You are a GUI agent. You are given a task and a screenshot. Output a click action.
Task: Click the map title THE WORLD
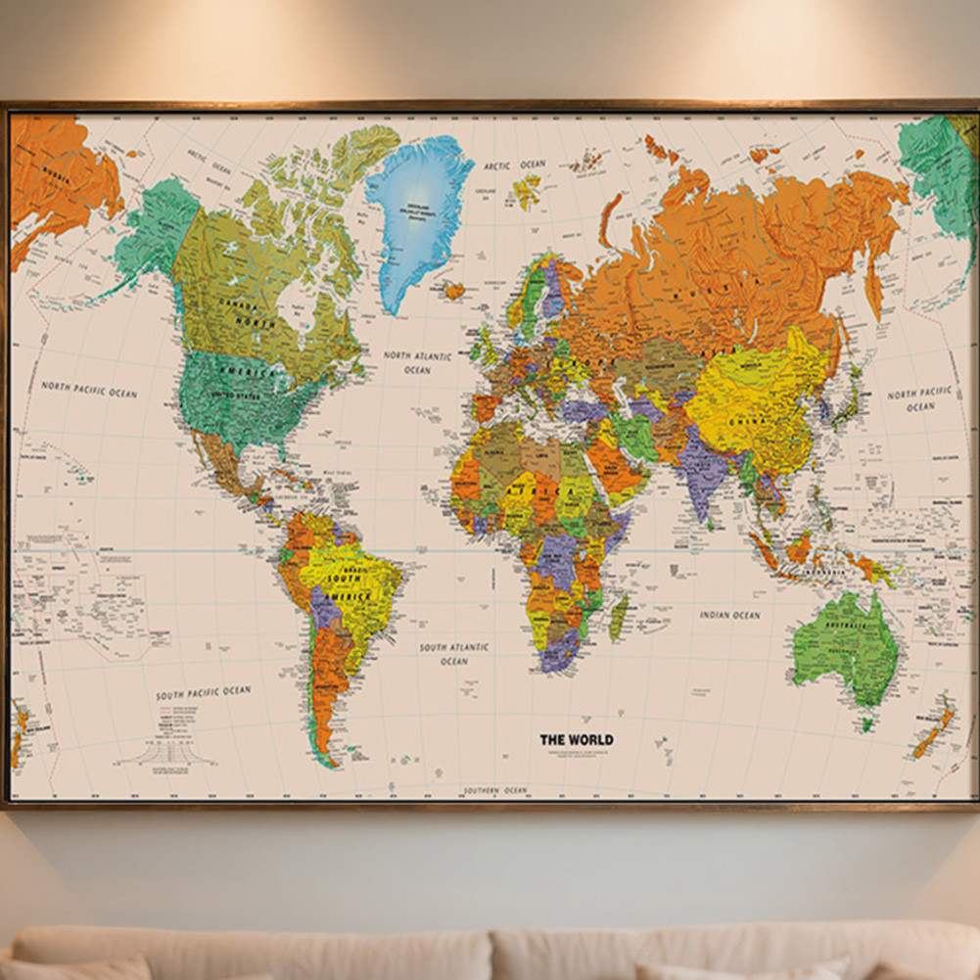[577, 739]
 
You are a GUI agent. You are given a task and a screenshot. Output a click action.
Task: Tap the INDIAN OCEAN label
[729, 615]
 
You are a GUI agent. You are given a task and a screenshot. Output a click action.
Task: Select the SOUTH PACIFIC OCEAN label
[204, 693]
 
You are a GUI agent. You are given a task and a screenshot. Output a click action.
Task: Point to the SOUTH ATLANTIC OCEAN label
[453, 654]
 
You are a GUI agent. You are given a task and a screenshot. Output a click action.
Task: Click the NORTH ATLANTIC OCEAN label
[417, 362]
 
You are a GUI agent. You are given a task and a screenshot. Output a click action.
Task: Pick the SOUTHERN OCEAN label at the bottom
[496, 790]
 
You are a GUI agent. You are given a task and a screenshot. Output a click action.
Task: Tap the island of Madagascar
[619, 617]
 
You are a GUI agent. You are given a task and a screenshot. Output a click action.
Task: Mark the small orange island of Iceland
[453, 290]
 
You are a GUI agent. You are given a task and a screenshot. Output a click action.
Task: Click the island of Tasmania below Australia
[866, 724]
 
